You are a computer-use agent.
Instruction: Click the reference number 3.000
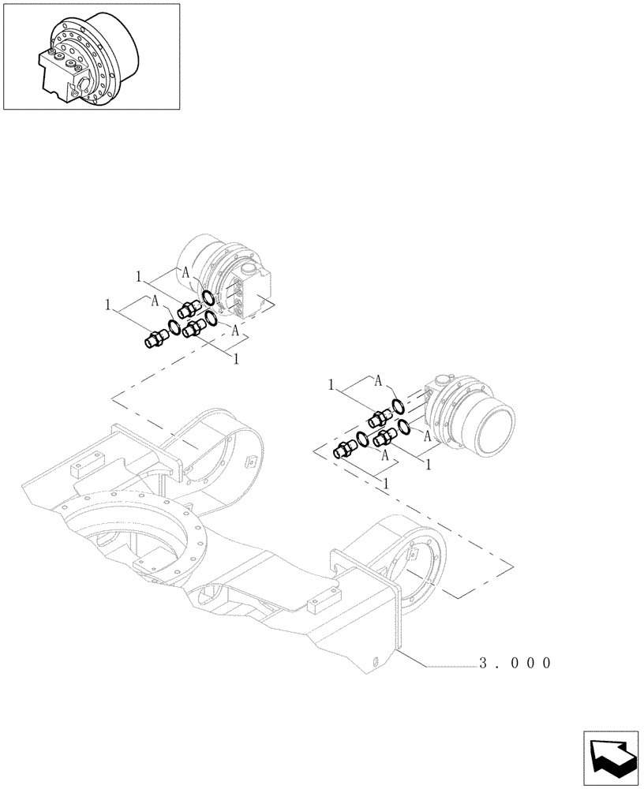pos(512,663)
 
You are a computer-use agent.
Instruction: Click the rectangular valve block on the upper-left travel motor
pos(253,295)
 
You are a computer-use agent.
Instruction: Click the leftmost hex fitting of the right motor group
pos(343,451)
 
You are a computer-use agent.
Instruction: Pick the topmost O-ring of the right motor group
pos(399,406)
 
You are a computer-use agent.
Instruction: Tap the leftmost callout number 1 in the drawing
pos(108,304)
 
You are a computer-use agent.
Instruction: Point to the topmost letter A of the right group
pos(379,381)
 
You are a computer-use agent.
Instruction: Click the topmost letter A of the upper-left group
pos(185,271)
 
